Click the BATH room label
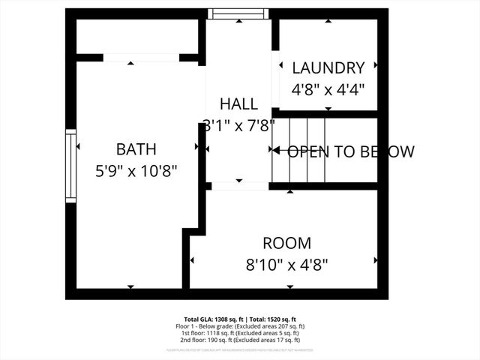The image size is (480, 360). point(136,148)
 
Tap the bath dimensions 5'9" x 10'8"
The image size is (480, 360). point(136,170)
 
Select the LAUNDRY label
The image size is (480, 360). point(328,67)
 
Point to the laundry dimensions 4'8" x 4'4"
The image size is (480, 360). point(328,88)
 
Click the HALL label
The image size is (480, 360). point(238,103)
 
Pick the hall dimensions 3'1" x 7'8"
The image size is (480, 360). point(238,124)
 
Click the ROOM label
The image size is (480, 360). point(286,243)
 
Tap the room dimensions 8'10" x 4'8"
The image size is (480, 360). point(286,264)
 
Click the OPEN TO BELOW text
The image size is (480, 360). point(351,151)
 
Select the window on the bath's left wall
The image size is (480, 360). point(71,166)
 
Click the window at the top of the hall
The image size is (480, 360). point(238,13)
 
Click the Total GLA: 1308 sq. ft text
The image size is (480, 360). point(211,319)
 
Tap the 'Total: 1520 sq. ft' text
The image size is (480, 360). point(271,319)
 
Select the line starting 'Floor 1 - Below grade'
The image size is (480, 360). point(240,326)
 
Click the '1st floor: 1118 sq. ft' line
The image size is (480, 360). point(240,333)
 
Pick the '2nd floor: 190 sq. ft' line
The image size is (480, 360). point(240,340)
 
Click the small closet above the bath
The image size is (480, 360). point(137,36)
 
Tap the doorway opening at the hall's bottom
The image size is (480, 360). point(238,185)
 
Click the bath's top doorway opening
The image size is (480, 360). point(141,58)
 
